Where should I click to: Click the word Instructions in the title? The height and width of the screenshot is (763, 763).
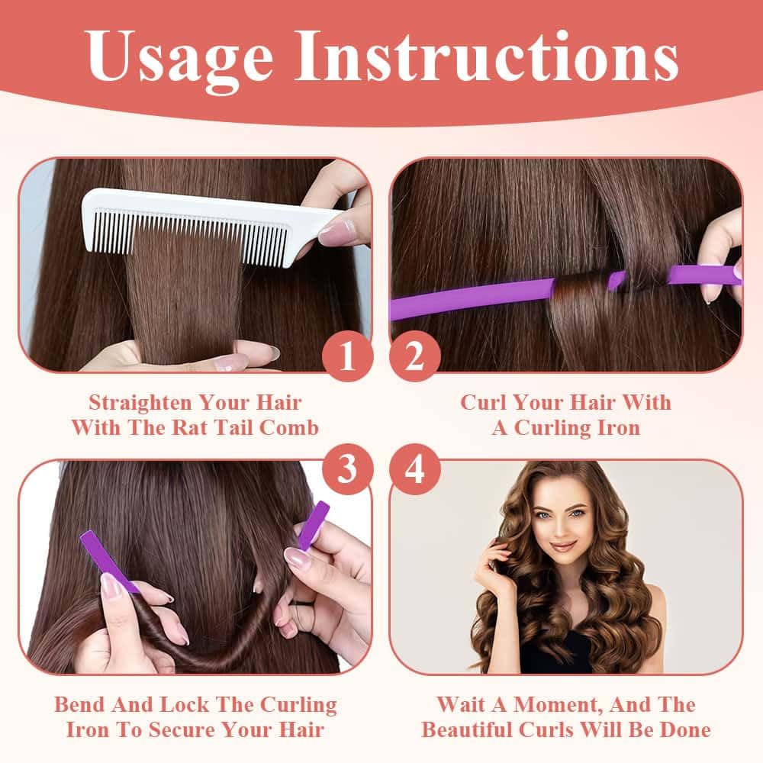tap(487, 55)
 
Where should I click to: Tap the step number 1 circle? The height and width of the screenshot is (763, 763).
tap(347, 356)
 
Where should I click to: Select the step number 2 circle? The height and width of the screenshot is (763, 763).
tap(414, 356)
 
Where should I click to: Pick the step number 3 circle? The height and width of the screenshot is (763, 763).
tap(347, 469)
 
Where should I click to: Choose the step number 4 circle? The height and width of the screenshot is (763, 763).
tap(414, 469)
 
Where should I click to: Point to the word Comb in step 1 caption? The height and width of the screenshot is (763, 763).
tap(288, 428)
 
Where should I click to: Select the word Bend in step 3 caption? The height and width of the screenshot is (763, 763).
tap(79, 704)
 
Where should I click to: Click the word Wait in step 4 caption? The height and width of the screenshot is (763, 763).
tap(460, 704)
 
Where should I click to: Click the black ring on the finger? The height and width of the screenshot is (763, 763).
tap(301, 604)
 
